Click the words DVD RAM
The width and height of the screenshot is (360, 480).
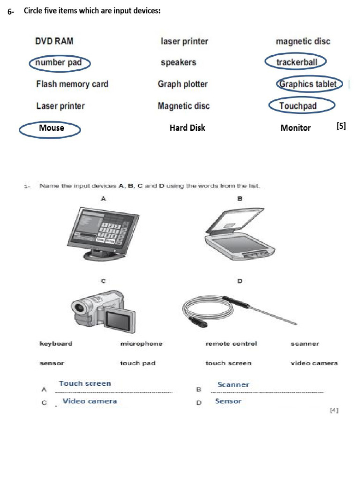[x=54, y=41]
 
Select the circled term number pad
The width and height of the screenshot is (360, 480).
[x=59, y=63]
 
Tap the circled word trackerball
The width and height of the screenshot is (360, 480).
[x=296, y=62]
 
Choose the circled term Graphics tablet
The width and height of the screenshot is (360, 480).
[x=307, y=84]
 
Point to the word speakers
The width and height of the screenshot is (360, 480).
[x=178, y=62]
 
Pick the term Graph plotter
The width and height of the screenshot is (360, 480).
[x=182, y=84]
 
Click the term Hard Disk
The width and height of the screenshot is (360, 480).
[x=187, y=127]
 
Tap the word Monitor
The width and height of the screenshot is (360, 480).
[x=295, y=127]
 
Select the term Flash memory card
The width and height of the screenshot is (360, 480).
[x=72, y=84]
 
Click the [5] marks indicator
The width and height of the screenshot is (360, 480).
[x=341, y=126]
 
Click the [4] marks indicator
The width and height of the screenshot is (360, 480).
[x=334, y=410]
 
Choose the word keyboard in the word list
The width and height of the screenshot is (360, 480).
[x=56, y=344]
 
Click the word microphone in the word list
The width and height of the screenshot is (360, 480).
[x=141, y=344]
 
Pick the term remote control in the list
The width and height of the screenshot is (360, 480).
[x=231, y=344]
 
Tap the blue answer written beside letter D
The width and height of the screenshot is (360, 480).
[x=228, y=401]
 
